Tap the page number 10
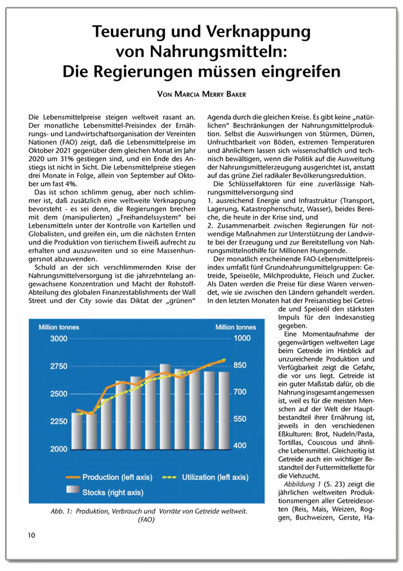tap(31, 536)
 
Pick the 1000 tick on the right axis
tap(237, 338)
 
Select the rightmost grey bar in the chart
tap(224, 410)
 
